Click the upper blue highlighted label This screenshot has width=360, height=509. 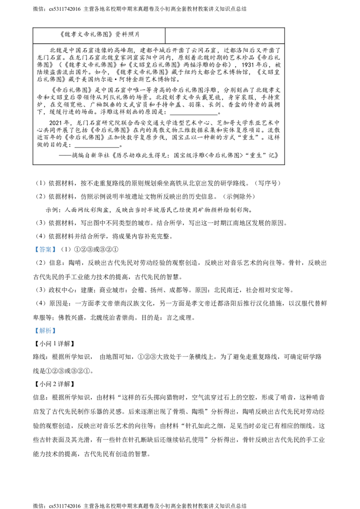(x=45, y=250)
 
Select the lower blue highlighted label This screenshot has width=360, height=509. (x=45, y=331)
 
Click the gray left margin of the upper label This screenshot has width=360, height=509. (x=34, y=250)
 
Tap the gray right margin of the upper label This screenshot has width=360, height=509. (x=56, y=250)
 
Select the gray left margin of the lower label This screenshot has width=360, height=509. (x=34, y=331)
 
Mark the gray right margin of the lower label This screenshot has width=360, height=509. (x=56, y=331)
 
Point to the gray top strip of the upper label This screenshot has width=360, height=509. (x=45, y=246)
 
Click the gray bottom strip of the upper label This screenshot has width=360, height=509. (x=45, y=254)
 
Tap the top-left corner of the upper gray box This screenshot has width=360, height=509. (x=33, y=246)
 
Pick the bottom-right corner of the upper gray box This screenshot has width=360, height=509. (x=57, y=254)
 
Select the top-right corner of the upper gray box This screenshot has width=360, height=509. (x=57, y=246)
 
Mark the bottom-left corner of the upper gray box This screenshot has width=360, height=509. (x=33, y=254)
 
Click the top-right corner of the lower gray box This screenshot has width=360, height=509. (x=57, y=327)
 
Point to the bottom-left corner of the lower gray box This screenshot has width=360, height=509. (x=33, y=335)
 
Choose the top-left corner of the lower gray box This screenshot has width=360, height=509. (x=33, y=327)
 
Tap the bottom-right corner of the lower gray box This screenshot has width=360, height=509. (x=57, y=335)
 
